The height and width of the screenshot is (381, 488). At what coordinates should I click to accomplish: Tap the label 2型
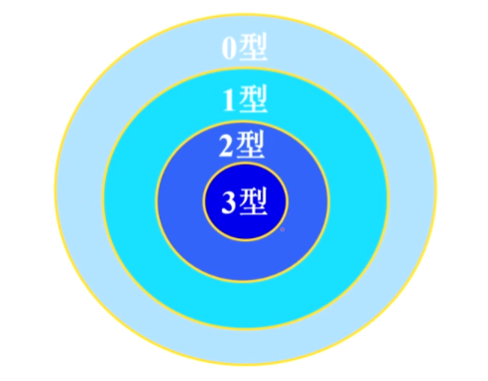pyautogui.click(x=241, y=148)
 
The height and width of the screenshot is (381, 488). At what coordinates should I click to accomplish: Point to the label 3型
pyautogui.click(x=244, y=201)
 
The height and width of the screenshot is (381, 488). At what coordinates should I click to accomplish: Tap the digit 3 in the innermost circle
pyautogui.click(x=229, y=202)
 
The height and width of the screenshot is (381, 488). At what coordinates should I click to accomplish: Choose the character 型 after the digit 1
pyautogui.click(x=254, y=100)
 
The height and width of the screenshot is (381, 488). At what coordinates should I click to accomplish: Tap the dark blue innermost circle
pyautogui.click(x=244, y=223)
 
